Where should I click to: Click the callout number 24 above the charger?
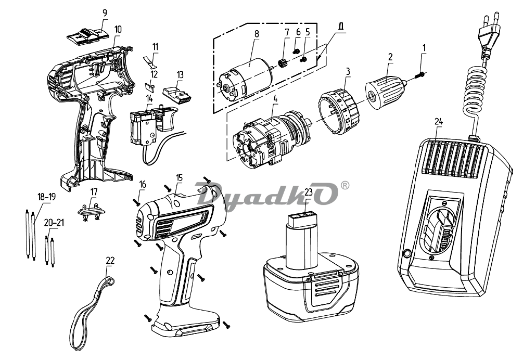438,122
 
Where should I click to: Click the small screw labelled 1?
419,75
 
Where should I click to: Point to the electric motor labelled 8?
244,76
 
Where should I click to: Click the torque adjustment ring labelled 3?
340,111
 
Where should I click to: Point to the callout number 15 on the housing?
180,177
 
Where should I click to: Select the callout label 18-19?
46,197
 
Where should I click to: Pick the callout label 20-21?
54,223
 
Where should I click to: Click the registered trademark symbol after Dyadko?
345,185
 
